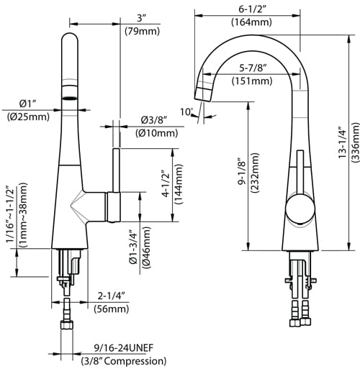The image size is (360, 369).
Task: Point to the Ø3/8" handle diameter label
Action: tap(154, 119)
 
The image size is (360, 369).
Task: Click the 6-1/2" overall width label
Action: tap(251, 9)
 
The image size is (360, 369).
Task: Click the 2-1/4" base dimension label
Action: tap(112, 296)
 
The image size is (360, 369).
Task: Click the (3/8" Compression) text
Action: tap(124, 360)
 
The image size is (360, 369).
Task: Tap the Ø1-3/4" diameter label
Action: tap(134, 248)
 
